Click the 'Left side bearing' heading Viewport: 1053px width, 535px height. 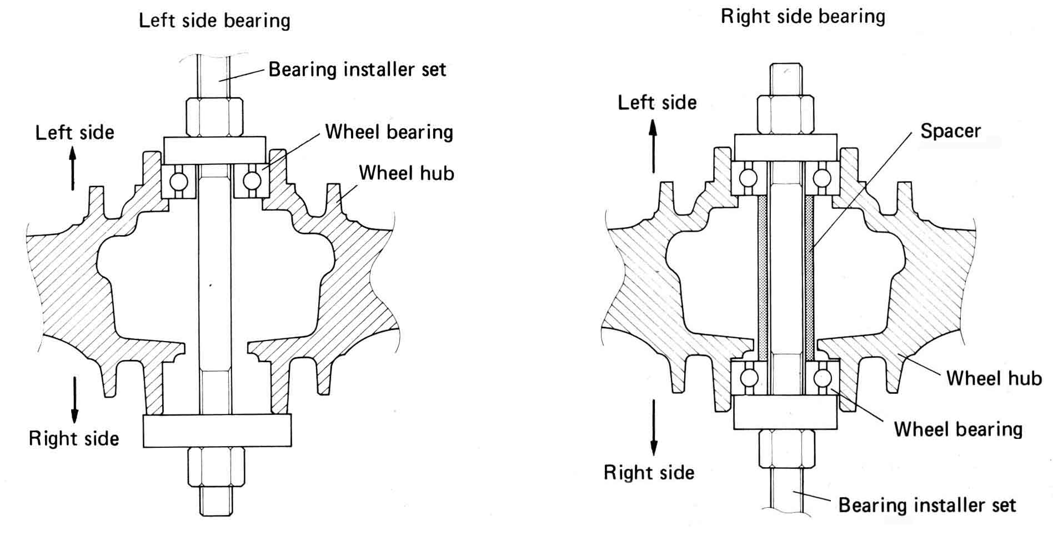(214, 21)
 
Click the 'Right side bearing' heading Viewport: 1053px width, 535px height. (803, 17)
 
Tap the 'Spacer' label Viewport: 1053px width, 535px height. (950, 131)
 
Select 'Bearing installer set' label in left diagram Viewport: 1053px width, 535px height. (357, 69)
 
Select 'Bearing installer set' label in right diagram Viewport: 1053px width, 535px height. (927, 505)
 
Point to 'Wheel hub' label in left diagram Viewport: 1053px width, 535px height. (406, 173)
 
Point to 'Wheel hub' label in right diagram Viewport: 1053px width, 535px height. (994, 378)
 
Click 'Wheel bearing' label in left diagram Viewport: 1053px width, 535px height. (389, 132)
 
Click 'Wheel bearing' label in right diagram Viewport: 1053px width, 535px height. (958, 429)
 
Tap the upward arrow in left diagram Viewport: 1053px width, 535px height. (72, 168)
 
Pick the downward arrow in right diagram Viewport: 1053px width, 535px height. (654, 428)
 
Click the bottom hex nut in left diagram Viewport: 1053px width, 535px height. (215, 467)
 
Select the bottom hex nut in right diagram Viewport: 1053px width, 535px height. (786, 448)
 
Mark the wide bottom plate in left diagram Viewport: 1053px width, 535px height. (217, 431)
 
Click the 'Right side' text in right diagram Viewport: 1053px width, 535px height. (649, 473)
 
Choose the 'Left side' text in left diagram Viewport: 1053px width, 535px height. (74, 133)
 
